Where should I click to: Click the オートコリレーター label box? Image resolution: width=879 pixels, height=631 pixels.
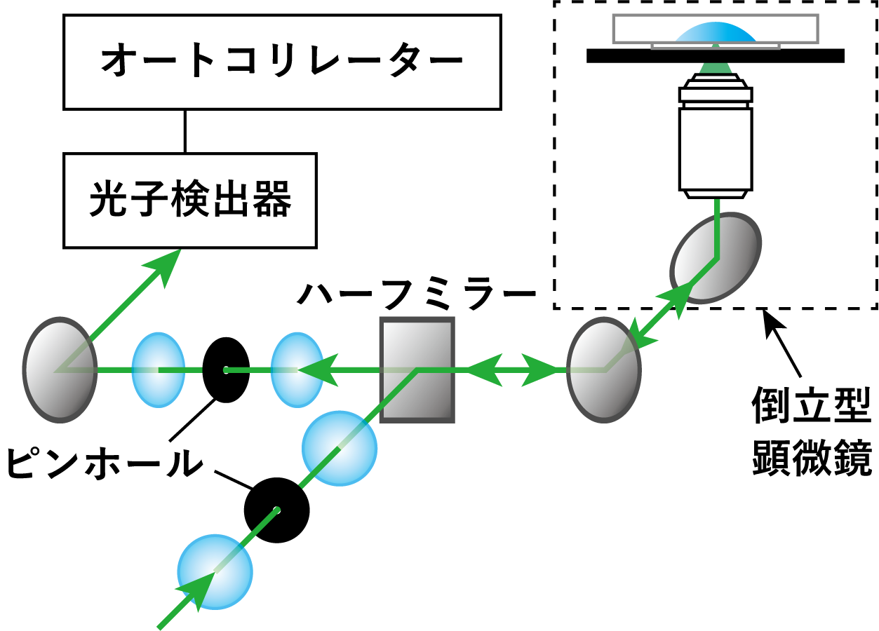click(x=282, y=62)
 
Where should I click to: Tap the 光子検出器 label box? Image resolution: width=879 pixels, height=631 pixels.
click(x=189, y=201)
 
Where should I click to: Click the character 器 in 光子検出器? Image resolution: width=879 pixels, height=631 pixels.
click(x=271, y=200)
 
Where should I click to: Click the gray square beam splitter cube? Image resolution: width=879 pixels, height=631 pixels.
click(x=417, y=369)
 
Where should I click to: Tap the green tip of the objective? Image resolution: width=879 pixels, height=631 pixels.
click(x=716, y=68)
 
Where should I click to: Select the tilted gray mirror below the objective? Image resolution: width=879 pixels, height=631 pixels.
click(x=716, y=257)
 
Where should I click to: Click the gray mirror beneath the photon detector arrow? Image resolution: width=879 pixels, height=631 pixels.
click(x=60, y=369)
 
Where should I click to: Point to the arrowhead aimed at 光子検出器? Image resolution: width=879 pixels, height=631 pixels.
click(x=166, y=264)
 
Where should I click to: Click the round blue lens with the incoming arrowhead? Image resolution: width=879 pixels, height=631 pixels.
click(x=215, y=571)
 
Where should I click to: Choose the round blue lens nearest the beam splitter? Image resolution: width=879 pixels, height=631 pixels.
click(x=340, y=449)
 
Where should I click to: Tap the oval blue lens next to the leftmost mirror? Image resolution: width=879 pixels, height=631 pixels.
click(x=158, y=369)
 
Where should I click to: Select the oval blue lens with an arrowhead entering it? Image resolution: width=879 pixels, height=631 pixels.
click(x=297, y=369)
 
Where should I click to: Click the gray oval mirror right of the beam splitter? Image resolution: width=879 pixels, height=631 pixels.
click(x=603, y=369)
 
